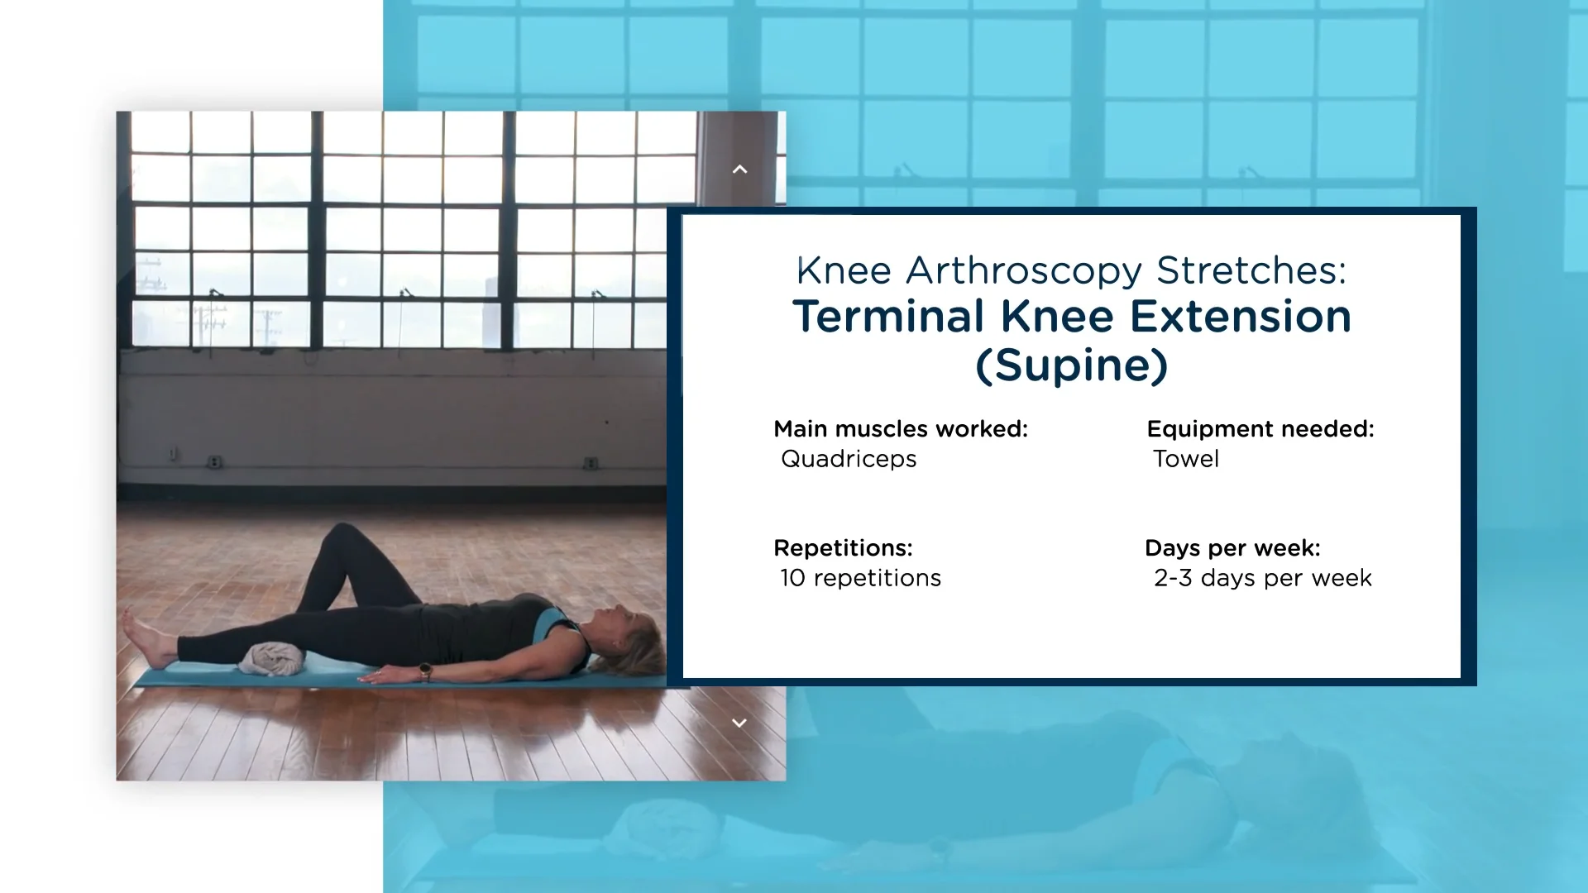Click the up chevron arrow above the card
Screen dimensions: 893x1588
tap(739, 170)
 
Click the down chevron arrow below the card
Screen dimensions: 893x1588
tap(739, 723)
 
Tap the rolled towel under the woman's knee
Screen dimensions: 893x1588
tap(272, 660)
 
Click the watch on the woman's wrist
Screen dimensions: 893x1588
tap(425, 671)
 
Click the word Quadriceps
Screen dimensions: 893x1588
tap(849, 459)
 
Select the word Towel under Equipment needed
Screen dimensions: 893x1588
tap(1186, 459)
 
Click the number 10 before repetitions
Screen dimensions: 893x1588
tap(792, 578)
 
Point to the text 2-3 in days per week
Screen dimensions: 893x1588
tap(1173, 578)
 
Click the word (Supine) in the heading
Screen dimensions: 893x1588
tap(1072, 365)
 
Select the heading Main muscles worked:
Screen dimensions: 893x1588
tap(901, 429)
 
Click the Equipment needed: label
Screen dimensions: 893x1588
tap(1260, 429)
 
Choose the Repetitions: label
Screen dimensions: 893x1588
tap(843, 548)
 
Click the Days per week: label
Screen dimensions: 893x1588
tap(1232, 548)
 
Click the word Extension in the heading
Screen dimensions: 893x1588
tap(1241, 317)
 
